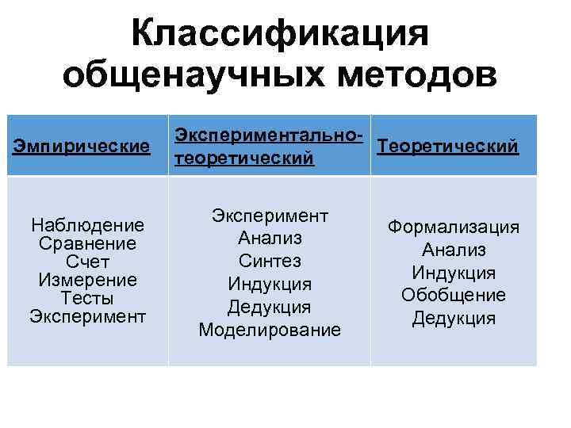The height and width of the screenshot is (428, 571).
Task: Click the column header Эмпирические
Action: coord(82,146)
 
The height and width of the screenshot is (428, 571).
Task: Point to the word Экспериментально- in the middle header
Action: coord(270,134)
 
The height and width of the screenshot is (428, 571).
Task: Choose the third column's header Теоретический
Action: coord(449,146)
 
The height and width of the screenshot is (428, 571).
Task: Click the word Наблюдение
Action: coord(87,225)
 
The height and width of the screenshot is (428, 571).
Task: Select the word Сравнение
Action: coord(87,243)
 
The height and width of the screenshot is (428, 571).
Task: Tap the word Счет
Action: coord(87,262)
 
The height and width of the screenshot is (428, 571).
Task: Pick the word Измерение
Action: coord(87,280)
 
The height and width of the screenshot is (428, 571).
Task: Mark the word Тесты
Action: coord(87,299)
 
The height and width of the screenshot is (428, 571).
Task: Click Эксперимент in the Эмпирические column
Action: coord(87,317)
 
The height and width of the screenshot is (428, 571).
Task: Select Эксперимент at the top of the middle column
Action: coord(270,216)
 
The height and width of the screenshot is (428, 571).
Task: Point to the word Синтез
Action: coord(270,261)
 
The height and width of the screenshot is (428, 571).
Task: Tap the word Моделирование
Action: coord(270,330)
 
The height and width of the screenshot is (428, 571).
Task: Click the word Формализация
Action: coord(454,227)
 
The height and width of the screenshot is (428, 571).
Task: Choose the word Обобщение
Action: coord(454,296)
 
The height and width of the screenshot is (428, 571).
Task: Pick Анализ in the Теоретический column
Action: coord(454,250)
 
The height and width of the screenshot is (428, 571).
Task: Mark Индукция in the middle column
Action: coord(270,284)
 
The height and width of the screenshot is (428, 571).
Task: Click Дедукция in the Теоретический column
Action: coord(454,319)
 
